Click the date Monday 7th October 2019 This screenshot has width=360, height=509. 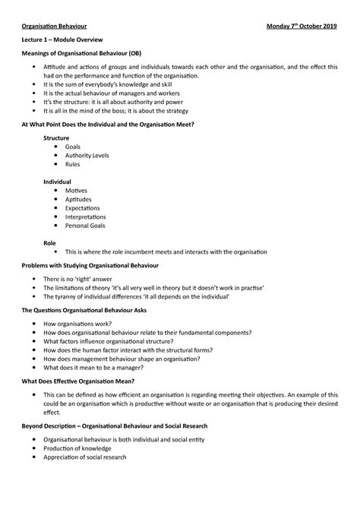click(298, 24)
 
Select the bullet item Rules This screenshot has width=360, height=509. click(73, 163)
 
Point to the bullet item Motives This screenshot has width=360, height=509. click(76, 191)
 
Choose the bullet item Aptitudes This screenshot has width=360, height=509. click(78, 199)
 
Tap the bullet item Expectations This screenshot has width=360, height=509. click(83, 208)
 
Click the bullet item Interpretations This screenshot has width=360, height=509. click(86, 217)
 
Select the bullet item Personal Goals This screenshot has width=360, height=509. click(85, 226)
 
